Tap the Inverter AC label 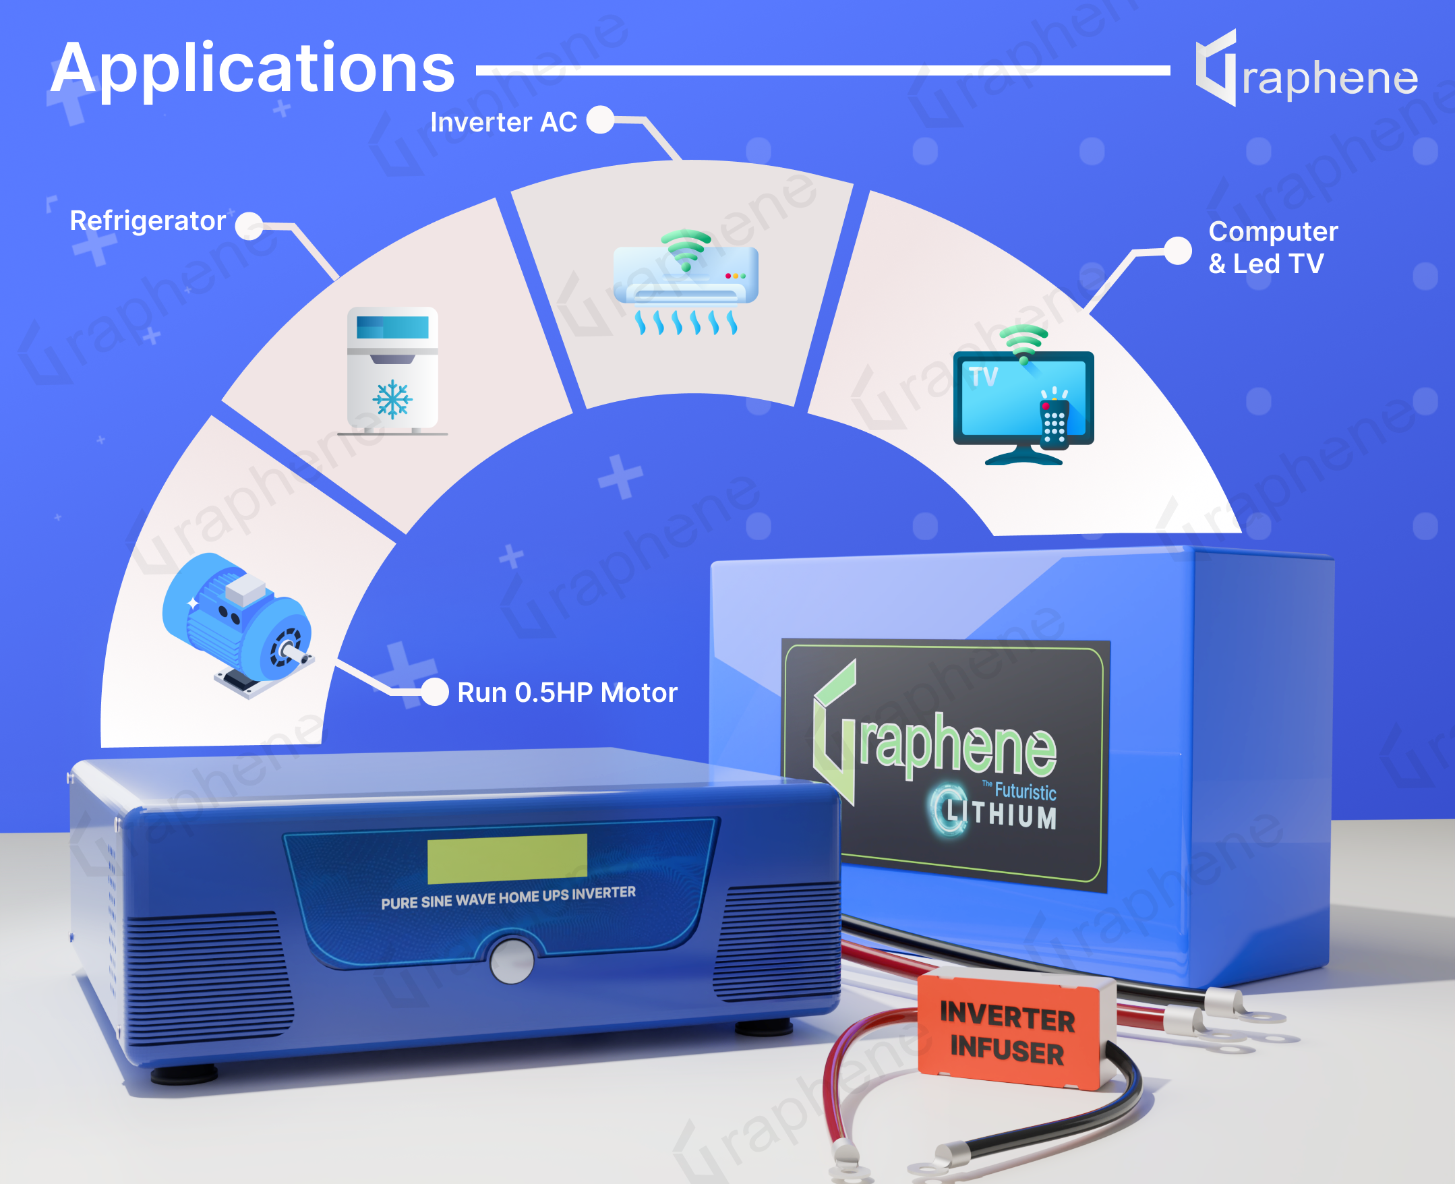coord(504,122)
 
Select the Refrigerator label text coord(148,221)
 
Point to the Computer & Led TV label coord(1273,247)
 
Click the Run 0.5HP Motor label coord(567,692)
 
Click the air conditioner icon coord(686,282)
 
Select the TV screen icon coord(1023,396)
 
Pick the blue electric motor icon coord(238,624)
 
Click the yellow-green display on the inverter coord(507,858)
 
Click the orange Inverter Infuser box coord(1015,1031)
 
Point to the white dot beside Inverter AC coord(601,120)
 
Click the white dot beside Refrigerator coord(249,226)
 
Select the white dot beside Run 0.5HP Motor coord(434,692)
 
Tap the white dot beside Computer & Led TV coord(1177,250)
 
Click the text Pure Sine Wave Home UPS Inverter coord(508,897)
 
